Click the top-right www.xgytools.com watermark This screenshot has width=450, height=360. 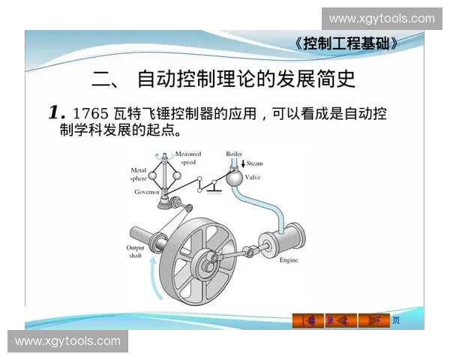381,18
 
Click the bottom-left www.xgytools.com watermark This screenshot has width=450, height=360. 67,341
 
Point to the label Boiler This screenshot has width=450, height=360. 234,154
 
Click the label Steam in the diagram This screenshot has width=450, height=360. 254,163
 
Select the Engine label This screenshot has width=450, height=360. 289,260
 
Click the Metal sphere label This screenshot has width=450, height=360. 138,175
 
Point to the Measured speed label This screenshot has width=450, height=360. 188,157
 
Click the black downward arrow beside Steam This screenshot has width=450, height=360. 242,163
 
